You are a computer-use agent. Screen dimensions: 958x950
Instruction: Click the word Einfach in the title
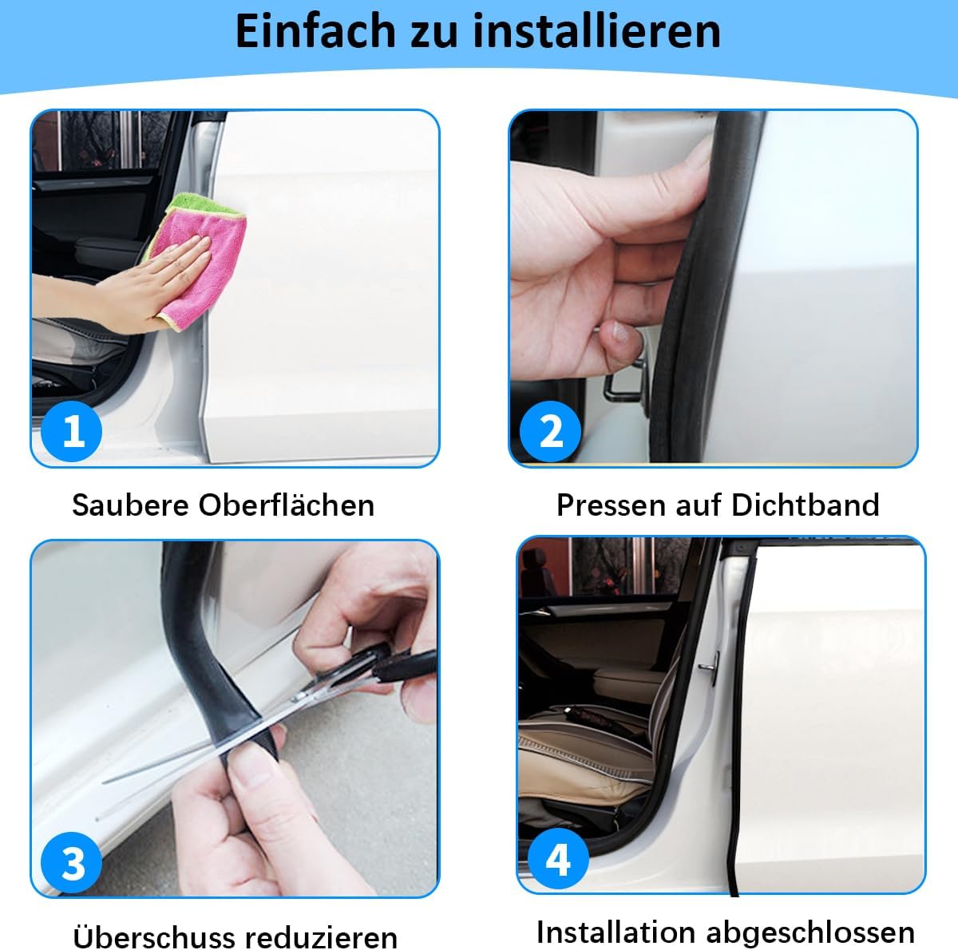pos(315,31)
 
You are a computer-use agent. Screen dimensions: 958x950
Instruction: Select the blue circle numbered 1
pos(71,431)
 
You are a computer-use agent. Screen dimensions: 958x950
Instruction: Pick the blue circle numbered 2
pos(550,431)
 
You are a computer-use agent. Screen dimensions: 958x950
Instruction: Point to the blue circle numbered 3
pos(71,863)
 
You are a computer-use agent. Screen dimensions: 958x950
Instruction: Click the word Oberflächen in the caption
pos(287,505)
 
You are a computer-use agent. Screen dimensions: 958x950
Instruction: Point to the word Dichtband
pos(805,505)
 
